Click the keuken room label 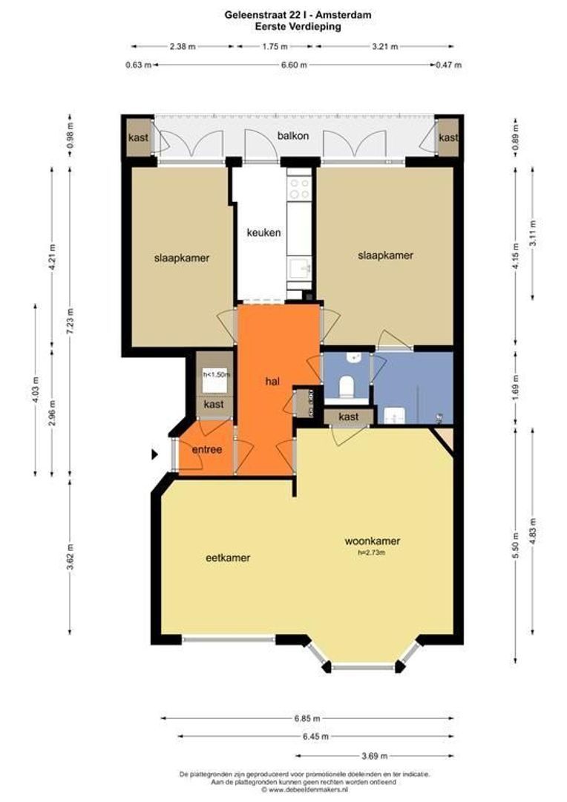pyautogui.click(x=263, y=232)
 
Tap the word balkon pyautogui.click(x=293, y=136)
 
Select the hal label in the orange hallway pyautogui.click(x=272, y=381)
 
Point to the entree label pyautogui.click(x=207, y=449)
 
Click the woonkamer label pyautogui.click(x=373, y=541)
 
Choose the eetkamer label pyautogui.click(x=228, y=558)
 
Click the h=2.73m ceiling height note pyautogui.click(x=372, y=552)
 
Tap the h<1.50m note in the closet pyautogui.click(x=216, y=374)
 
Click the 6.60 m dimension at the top pyautogui.click(x=295, y=65)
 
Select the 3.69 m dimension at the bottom pyautogui.click(x=375, y=756)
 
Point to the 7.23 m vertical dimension pyautogui.click(x=70, y=321)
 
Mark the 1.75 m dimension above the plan pyautogui.click(x=275, y=47)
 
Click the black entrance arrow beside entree pyautogui.click(x=155, y=454)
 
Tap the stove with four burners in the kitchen pyautogui.click(x=299, y=188)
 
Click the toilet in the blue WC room pyautogui.click(x=347, y=387)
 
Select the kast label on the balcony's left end pyautogui.click(x=139, y=137)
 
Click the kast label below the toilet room pyautogui.click(x=349, y=417)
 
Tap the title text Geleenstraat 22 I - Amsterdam pyautogui.click(x=298, y=15)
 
